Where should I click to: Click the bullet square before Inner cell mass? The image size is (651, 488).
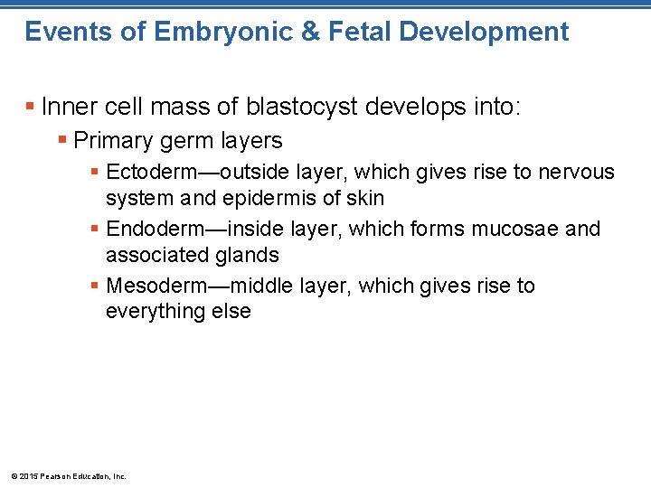tap(31, 108)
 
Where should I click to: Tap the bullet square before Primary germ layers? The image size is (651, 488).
tap(61, 141)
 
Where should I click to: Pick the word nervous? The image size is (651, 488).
tap(576, 172)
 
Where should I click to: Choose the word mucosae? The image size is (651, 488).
tap(514, 229)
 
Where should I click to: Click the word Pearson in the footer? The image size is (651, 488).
tap(55, 475)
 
